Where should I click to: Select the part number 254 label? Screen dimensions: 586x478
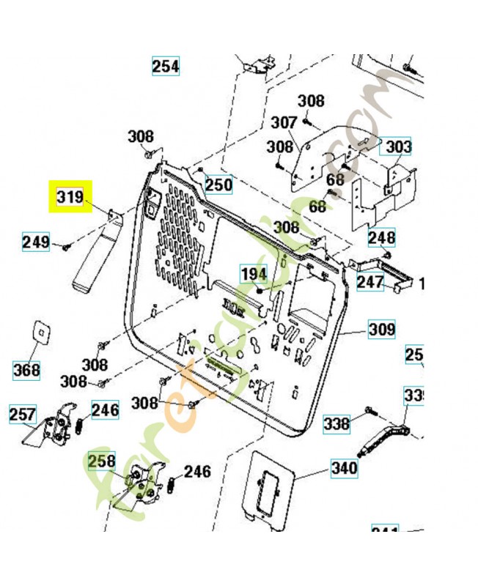point(166,66)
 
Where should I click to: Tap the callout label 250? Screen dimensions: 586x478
point(218,184)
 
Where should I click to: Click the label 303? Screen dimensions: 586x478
point(398,147)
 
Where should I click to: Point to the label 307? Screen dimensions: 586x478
point(284,122)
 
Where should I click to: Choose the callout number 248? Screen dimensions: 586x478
point(381,238)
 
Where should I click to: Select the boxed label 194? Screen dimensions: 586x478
point(254,274)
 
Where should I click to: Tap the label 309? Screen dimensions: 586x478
point(381,330)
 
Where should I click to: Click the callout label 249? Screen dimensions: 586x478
point(36,242)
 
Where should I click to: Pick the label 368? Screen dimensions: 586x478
point(27,370)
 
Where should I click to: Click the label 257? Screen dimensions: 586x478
point(22,415)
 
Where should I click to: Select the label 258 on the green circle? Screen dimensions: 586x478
point(102,461)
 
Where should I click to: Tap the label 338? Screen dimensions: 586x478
point(337,423)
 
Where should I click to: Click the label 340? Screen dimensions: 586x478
point(344,468)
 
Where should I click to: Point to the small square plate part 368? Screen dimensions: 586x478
point(45,332)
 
